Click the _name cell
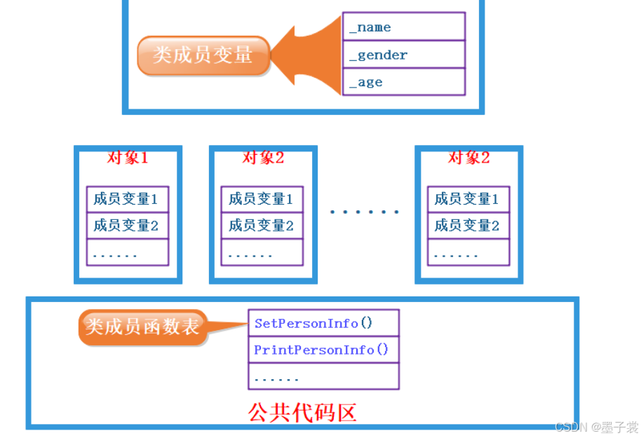pos(403,27)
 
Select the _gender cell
pos(403,55)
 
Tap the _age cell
pos(403,82)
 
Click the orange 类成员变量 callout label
pos(203,55)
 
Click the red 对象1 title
pos(128,158)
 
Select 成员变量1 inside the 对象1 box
pos(127,199)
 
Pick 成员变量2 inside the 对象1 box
pos(127,226)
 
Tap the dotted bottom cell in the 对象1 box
pos(127,252)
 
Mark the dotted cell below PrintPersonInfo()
pos(323,376)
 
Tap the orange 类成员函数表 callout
pos(142,326)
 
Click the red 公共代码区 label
pos(303,412)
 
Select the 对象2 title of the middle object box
pos(263,158)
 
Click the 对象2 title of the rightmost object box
pos(468,158)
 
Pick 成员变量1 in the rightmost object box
pos(468,199)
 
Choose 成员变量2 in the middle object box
pos(262,226)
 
